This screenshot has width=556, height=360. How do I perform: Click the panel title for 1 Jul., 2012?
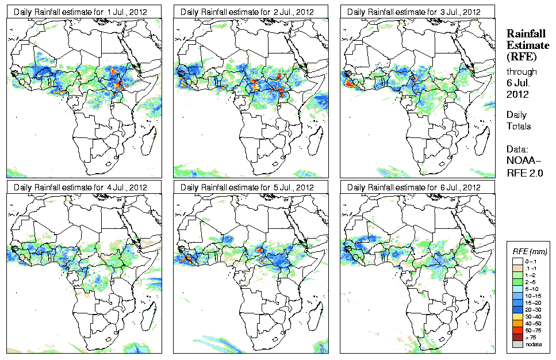click(x=80, y=12)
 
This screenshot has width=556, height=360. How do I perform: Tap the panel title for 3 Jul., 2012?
click(x=414, y=12)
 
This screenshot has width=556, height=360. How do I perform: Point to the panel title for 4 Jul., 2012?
click(x=80, y=187)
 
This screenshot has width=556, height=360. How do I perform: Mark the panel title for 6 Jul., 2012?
click(x=414, y=187)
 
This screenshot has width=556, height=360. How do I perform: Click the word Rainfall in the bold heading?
click(x=526, y=35)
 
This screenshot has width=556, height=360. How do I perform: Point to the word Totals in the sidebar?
click(x=519, y=126)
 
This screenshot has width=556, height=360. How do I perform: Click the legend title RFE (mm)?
click(x=530, y=252)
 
